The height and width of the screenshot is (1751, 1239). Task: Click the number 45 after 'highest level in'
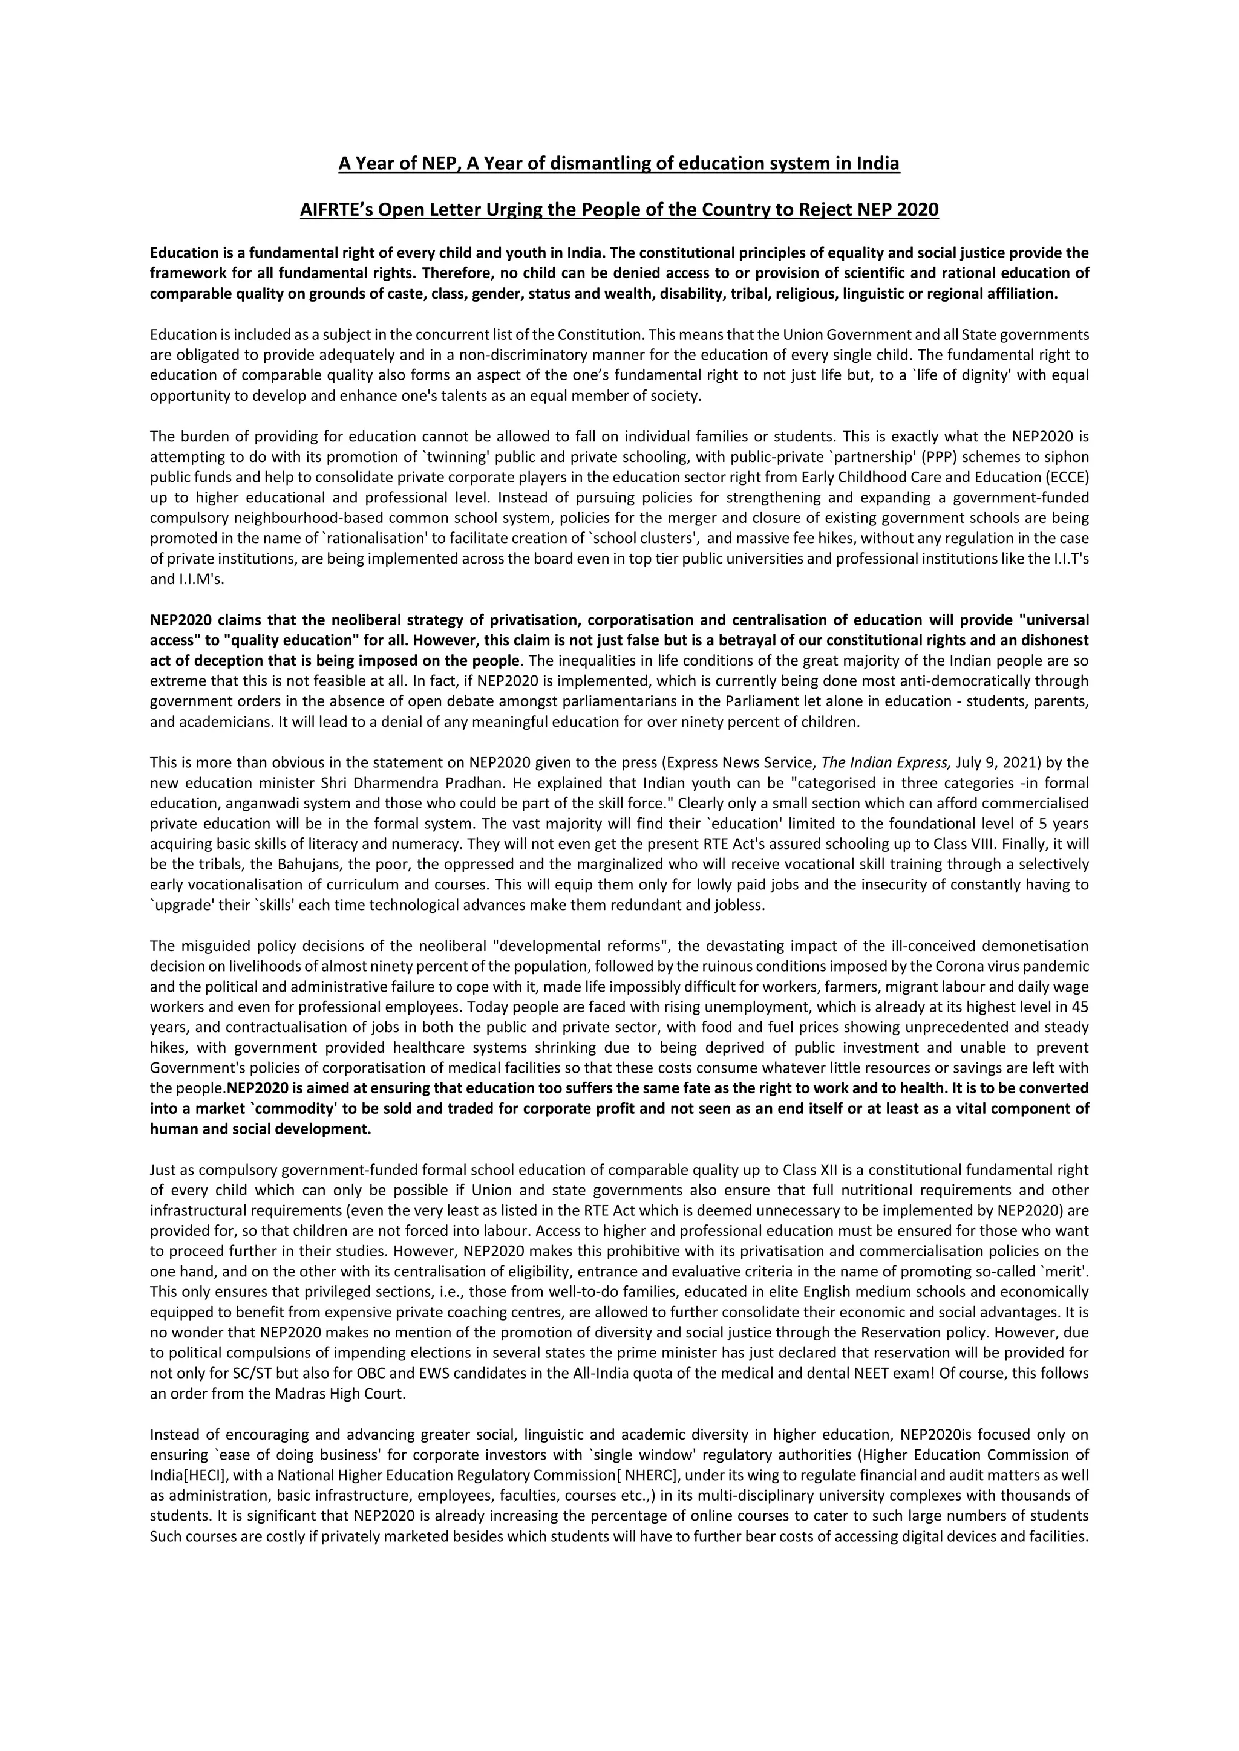[x=1080, y=1007]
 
